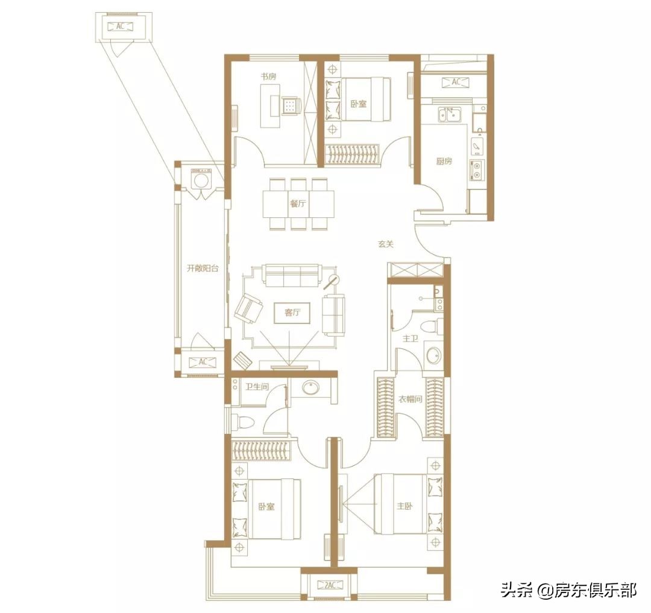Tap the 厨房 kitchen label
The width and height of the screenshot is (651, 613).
point(444,162)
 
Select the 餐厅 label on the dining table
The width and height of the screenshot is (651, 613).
point(298,204)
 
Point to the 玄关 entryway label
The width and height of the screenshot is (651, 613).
point(386,244)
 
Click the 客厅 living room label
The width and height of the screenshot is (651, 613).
point(292,313)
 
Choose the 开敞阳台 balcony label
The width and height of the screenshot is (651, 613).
point(201,268)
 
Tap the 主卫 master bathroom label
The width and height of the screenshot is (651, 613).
point(410,338)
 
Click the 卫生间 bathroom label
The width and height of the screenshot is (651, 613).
point(256,387)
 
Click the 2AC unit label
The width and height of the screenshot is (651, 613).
point(329,584)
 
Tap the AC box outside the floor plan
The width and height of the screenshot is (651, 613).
point(121,27)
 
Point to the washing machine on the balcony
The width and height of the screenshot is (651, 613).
point(201,179)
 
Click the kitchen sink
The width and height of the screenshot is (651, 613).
point(449,114)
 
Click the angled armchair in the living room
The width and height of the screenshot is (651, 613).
point(248,308)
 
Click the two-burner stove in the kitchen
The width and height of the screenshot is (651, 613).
point(477,170)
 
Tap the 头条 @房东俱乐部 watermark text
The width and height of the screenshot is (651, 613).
point(568,589)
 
